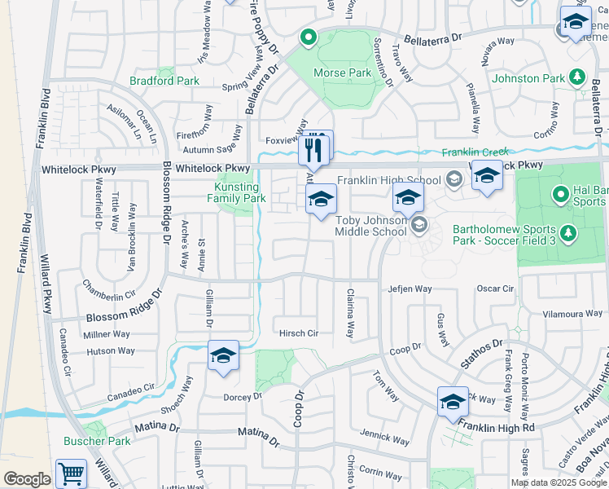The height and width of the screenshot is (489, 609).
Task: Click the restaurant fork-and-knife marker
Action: coord(315,149)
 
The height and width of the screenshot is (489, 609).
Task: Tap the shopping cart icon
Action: coord(72,473)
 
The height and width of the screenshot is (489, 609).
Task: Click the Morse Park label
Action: coord(342,73)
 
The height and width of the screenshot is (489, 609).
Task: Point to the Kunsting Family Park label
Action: coord(236,192)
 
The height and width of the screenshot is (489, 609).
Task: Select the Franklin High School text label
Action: coord(389,180)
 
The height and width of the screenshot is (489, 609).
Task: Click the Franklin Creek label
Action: coord(475,152)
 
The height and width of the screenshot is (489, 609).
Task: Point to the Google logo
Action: coord(27,479)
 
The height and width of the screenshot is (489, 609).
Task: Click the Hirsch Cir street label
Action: coord(299,333)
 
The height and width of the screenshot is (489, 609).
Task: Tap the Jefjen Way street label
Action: coord(410,289)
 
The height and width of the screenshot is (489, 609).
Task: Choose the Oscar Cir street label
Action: coord(495,289)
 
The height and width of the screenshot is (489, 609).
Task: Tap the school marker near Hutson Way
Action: coord(223,355)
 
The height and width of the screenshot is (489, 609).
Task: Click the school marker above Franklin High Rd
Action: coord(453,402)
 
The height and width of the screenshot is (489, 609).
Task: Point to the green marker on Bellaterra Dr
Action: coord(309,36)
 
